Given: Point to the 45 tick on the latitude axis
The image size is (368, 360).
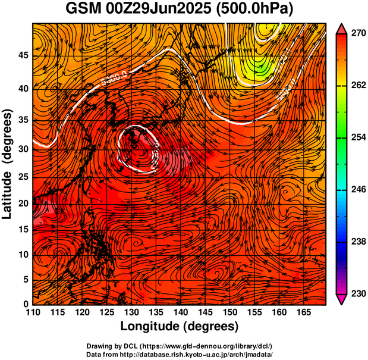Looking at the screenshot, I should point(23,56).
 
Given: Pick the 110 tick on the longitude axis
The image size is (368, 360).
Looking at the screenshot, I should point(33,311).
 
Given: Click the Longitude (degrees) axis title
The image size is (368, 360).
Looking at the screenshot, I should point(180,327).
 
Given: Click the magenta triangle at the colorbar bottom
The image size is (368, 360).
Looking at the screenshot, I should point(342,299).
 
